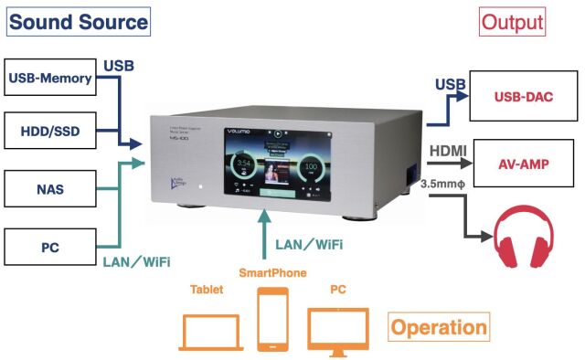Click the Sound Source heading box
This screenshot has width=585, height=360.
click(x=79, y=22)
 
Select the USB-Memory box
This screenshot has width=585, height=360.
click(x=49, y=78)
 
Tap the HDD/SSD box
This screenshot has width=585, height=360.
click(x=49, y=132)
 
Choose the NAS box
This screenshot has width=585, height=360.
click(x=49, y=191)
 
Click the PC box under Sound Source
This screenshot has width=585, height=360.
click(x=49, y=247)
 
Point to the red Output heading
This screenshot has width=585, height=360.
click(x=512, y=22)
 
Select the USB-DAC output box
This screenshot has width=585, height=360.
click(x=523, y=96)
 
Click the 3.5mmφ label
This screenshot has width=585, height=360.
click(x=445, y=184)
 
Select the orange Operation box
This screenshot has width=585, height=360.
click(x=439, y=327)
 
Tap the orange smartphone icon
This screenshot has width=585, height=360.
click(x=272, y=319)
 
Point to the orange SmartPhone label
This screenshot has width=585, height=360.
click(x=272, y=273)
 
